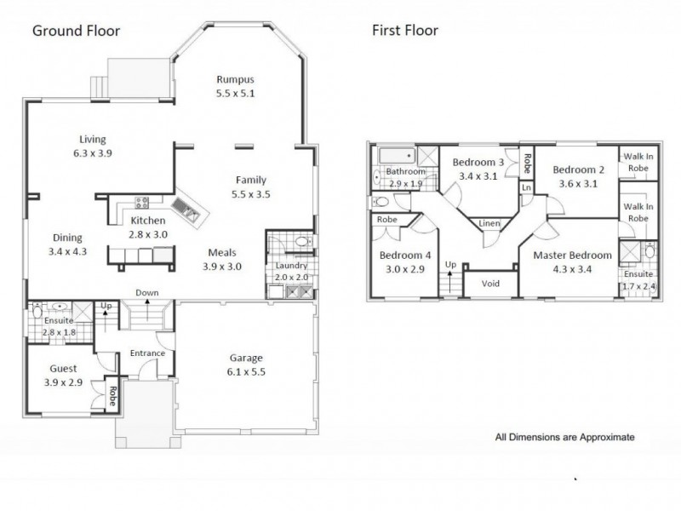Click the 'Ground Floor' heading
[76, 31]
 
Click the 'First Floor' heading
[404, 31]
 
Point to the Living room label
[94, 140]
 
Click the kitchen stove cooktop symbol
[141, 203]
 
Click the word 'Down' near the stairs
[147, 293]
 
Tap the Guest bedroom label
[63, 369]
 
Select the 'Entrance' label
[146, 353]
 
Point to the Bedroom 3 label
[478, 162]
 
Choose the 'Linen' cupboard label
[489, 223]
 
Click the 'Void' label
[490, 284]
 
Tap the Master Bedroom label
[572, 255]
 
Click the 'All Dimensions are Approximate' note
[564, 438]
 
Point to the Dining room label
[68, 238]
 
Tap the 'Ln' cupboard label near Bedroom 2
[527, 187]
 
